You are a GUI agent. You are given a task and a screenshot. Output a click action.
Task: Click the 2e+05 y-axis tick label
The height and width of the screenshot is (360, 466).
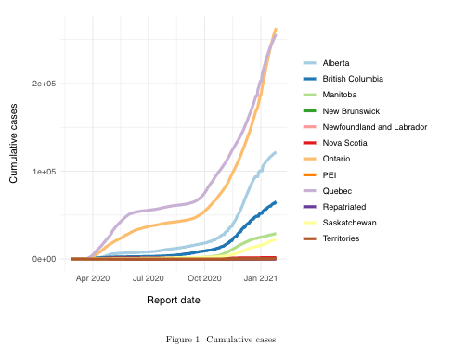pyautogui.click(x=44, y=84)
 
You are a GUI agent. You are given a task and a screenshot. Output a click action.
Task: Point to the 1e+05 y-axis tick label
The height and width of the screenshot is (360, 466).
pyautogui.click(x=44, y=172)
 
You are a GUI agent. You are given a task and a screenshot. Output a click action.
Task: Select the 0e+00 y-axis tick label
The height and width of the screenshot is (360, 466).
pyautogui.click(x=44, y=259)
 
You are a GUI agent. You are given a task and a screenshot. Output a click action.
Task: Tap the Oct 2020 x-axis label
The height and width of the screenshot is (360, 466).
pyautogui.click(x=204, y=277)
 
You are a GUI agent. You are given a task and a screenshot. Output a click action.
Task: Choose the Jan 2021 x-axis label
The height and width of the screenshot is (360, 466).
pyautogui.click(x=261, y=277)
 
